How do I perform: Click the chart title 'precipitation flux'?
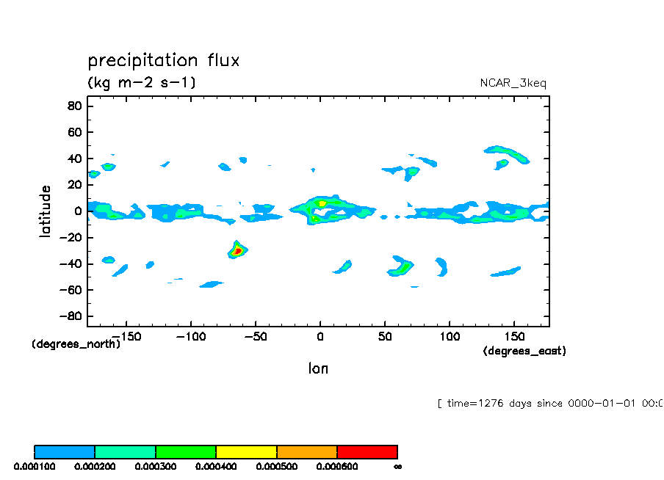[163, 60]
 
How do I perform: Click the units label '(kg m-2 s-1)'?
[142, 82]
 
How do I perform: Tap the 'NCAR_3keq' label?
[513, 83]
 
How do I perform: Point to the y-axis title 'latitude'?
[46, 211]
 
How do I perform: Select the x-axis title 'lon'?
[318, 368]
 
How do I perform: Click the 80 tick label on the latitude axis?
[73, 106]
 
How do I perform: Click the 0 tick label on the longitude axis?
[320, 337]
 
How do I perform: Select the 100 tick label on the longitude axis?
[448, 337]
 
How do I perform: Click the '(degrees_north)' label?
[76, 343]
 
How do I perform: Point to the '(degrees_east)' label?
[524, 352]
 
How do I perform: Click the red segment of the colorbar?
[367, 451]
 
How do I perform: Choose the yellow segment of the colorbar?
[246, 451]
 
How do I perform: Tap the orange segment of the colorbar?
[307, 451]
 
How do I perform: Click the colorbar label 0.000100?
[33, 466]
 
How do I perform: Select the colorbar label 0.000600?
[336, 466]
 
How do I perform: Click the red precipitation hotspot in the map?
[237, 251]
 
